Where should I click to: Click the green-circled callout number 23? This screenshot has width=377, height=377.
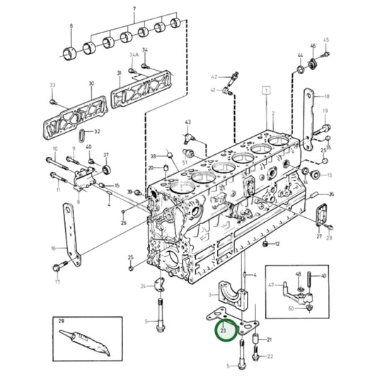pos(224,329)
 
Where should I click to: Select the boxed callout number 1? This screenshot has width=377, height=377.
pos(267,91)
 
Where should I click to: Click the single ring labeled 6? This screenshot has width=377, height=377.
pos(71,52)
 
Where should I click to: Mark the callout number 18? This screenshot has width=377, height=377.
pos(327,96)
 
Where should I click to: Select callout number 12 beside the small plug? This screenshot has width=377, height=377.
pos(277,244)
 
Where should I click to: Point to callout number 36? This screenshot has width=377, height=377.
pos(332,195)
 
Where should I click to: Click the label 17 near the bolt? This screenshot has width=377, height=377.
pos(58,281)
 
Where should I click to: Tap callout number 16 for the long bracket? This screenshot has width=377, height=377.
pos(52,248)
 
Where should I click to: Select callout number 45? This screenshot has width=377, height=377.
pos(326,40)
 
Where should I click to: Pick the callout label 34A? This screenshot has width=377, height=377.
pos(134,54)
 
